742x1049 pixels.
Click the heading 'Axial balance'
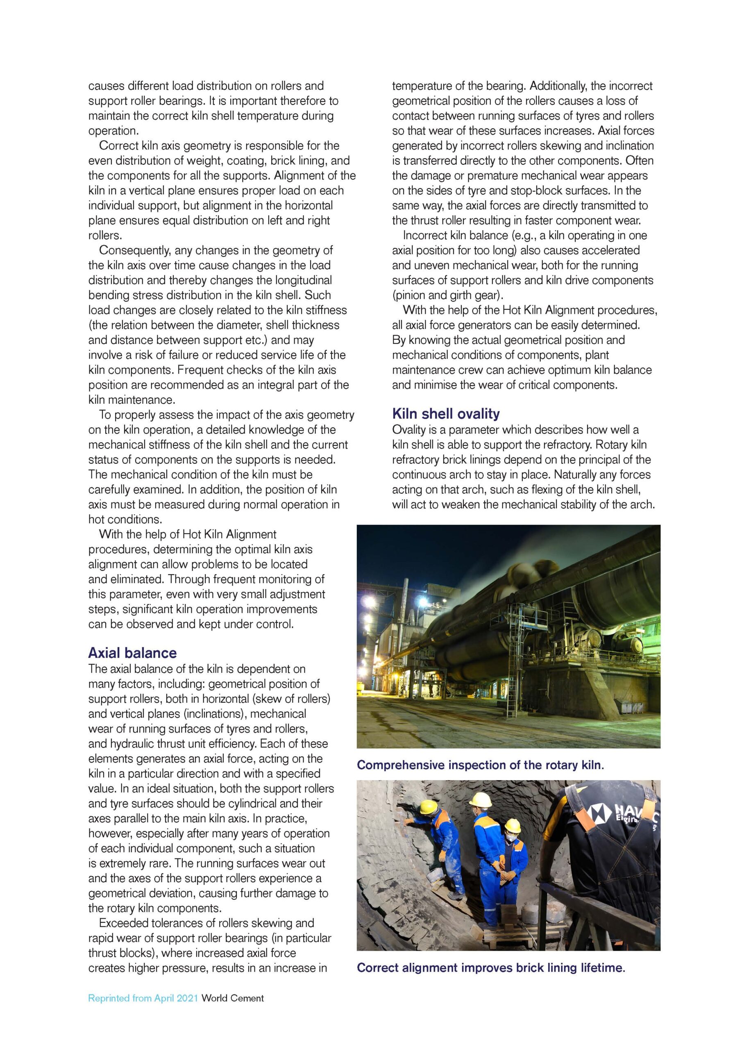(x=132, y=652)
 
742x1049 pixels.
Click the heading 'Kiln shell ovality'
(x=445, y=413)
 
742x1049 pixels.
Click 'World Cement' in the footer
(x=233, y=998)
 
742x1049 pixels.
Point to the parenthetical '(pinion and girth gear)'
(x=447, y=295)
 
